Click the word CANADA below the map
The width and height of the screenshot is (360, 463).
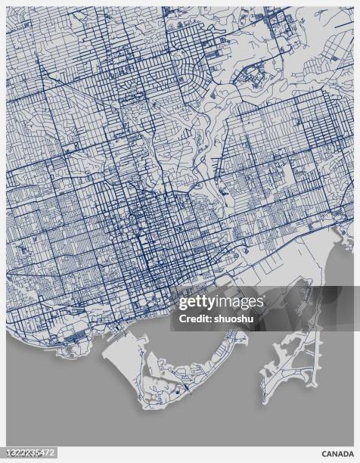(337, 454)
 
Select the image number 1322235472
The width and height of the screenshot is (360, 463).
(29, 454)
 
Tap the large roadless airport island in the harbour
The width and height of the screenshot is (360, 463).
(124, 363)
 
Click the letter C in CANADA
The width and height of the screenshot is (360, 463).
(324, 454)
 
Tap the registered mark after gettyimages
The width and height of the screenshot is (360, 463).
(265, 300)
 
